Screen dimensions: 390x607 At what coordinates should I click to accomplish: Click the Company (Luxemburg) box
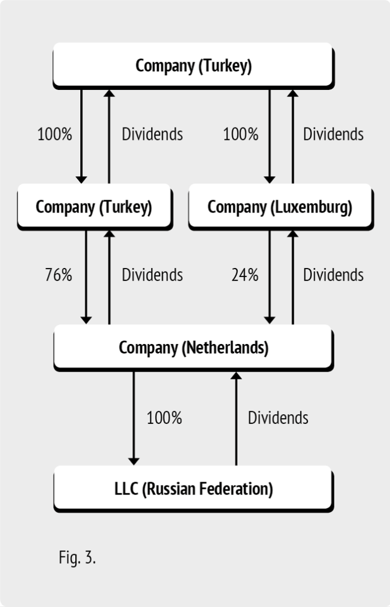(281, 207)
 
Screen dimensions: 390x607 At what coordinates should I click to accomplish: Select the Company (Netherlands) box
(194, 348)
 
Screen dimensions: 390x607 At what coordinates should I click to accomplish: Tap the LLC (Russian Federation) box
(194, 489)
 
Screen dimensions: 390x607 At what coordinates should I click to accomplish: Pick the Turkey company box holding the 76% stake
(95, 207)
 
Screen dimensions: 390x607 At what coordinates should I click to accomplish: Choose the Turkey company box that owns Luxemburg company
(194, 66)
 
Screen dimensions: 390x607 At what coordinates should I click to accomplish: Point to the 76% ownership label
(59, 275)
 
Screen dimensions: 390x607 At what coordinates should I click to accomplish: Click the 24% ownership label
(245, 275)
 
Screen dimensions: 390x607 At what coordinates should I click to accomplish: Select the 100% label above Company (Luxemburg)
(241, 134)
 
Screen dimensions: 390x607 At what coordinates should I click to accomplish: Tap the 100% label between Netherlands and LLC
(164, 418)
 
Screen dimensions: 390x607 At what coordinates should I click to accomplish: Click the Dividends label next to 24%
(333, 275)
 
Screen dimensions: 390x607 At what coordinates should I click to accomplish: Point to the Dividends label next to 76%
(152, 275)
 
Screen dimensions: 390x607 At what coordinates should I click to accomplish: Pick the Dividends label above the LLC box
(278, 418)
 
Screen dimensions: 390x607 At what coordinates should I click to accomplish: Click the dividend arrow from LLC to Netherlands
(236, 419)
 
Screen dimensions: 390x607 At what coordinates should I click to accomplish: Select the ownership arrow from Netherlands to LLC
(134, 419)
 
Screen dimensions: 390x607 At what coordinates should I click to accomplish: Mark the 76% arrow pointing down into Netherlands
(86, 277)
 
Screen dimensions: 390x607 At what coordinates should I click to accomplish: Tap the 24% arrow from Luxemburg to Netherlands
(269, 277)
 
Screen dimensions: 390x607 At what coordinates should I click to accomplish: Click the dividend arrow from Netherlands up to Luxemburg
(292, 277)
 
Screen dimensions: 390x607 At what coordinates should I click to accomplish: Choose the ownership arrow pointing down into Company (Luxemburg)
(269, 137)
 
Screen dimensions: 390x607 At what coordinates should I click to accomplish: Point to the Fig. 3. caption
(77, 558)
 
